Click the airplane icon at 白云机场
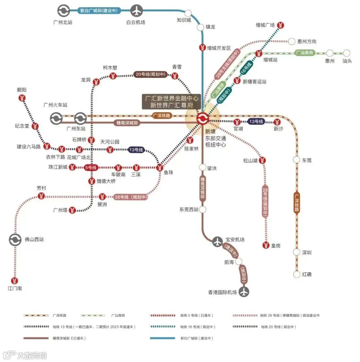[136, 11]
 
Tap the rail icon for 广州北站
[63, 11]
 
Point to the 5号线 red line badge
[91, 168]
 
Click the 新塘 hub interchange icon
[202, 118]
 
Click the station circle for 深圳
[297, 252]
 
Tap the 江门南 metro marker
[14, 281]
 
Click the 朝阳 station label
[22, 90]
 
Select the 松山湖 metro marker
[263, 160]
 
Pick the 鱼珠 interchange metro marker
[160, 168]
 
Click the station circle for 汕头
[347, 53]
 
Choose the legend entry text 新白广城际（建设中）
[196, 338]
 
